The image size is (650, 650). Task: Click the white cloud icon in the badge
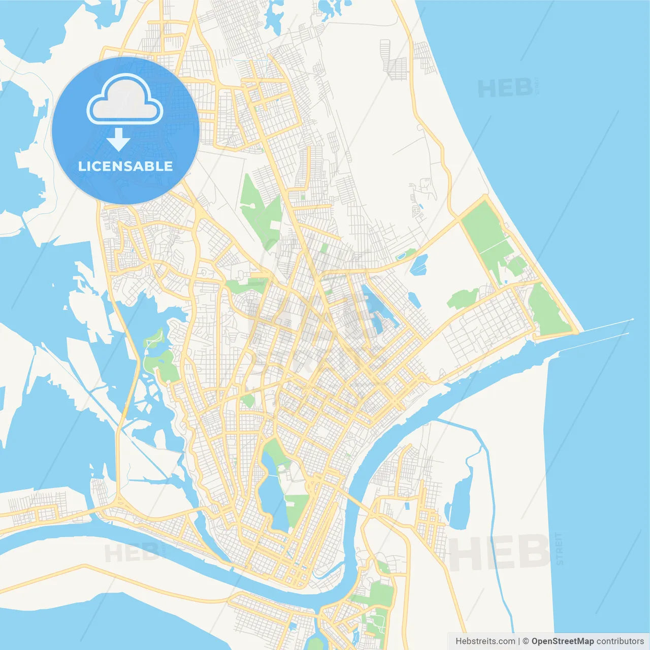click(x=125, y=100)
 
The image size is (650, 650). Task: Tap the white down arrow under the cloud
click(x=118, y=139)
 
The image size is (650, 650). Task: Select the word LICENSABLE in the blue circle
click(x=125, y=166)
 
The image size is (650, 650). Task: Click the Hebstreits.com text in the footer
click(x=485, y=641)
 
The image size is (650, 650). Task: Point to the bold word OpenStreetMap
click(x=562, y=641)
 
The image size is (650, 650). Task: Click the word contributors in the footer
click(x=620, y=641)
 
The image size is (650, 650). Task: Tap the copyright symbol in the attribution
click(x=526, y=641)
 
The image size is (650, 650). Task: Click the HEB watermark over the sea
click(x=505, y=88)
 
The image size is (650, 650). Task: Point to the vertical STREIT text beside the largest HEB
click(x=560, y=549)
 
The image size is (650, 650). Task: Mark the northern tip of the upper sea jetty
click(x=632, y=319)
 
